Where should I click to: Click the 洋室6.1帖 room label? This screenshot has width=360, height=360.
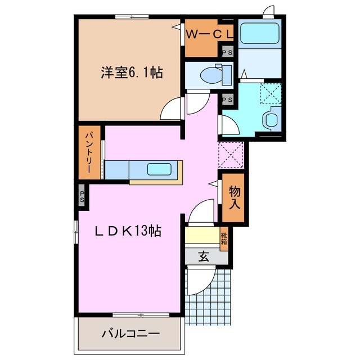click(x=132, y=73)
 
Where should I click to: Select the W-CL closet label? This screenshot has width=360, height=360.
click(x=209, y=34)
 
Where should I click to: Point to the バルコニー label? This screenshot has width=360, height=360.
click(x=130, y=334)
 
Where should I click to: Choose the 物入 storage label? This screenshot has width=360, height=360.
click(x=235, y=197)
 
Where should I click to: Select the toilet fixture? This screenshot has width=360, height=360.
click(x=217, y=73)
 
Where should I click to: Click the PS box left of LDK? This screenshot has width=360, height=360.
click(x=82, y=197)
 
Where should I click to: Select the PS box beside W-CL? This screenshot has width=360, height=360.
click(x=228, y=52)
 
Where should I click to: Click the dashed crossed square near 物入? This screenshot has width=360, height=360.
click(x=231, y=155)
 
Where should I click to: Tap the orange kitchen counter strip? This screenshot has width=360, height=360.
click(x=156, y=182)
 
